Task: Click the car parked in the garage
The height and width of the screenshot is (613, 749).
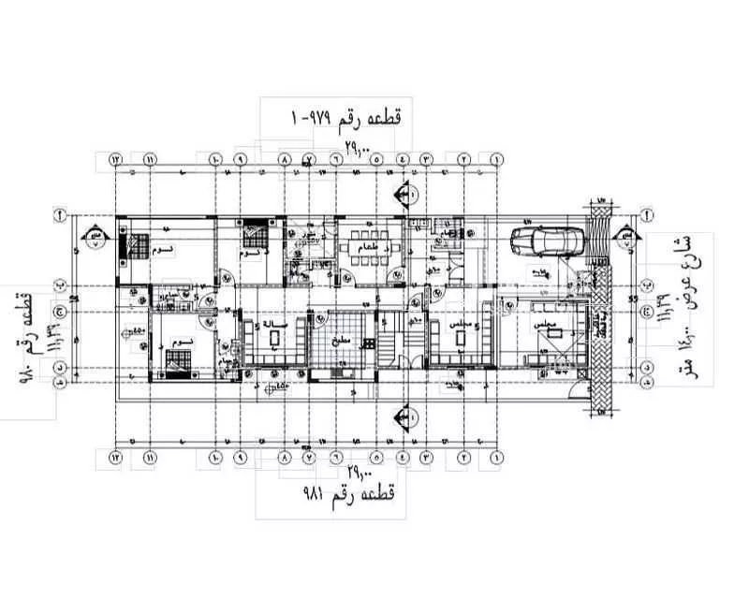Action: click(547, 241)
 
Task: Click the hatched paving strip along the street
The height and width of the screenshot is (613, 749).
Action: click(599, 309)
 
